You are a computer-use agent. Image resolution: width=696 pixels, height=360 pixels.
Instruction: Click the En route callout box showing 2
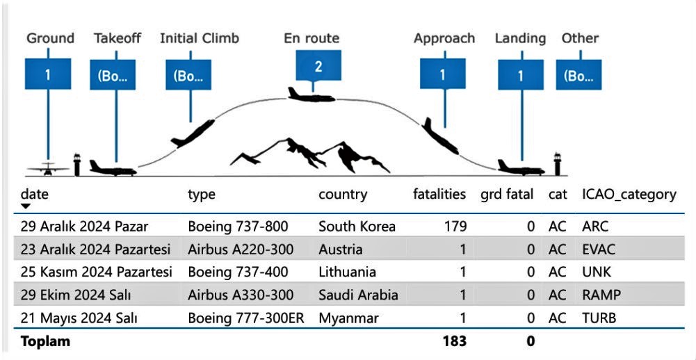(x=318, y=68)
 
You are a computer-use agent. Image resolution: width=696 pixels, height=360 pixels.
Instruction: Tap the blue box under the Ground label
(x=48, y=74)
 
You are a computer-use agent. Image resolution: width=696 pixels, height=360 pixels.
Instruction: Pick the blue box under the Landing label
(x=521, y=74)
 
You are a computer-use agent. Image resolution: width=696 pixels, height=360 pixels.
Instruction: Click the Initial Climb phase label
(x=199, y=38)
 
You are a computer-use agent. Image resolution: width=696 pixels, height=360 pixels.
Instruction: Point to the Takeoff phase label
(x=117, y=38)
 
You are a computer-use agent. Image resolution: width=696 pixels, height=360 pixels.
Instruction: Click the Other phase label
(x=580, y=38)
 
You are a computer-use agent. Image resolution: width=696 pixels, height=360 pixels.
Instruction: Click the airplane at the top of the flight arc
(x=311, y=94)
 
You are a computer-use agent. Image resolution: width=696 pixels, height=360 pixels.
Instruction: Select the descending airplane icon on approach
(x=442, y=138)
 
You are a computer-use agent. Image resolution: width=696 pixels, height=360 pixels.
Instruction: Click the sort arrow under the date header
(x=26, y=206)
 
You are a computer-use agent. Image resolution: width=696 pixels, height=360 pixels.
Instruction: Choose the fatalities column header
(x=439, y=195)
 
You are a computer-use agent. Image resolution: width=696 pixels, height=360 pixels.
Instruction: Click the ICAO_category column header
(x=629, y=195)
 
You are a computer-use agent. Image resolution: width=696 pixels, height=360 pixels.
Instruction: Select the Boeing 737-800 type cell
(x=238, y=227)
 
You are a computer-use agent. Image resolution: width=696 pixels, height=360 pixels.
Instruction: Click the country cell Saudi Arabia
(x=358, y=295)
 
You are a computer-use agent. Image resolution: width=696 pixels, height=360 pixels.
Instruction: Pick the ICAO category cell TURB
(x=599, y=318)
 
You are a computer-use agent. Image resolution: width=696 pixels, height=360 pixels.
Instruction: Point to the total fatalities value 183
(x=454, y=341)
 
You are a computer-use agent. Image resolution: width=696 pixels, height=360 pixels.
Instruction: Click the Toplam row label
(x=46, y=341)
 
